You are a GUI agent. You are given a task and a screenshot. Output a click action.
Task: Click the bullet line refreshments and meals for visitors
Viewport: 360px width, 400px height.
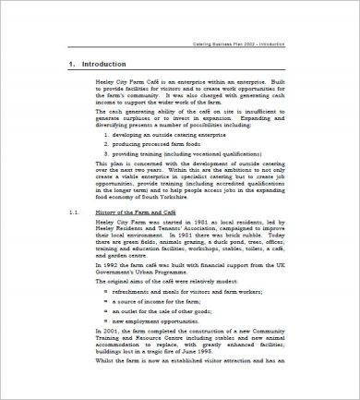coord(208,317)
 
